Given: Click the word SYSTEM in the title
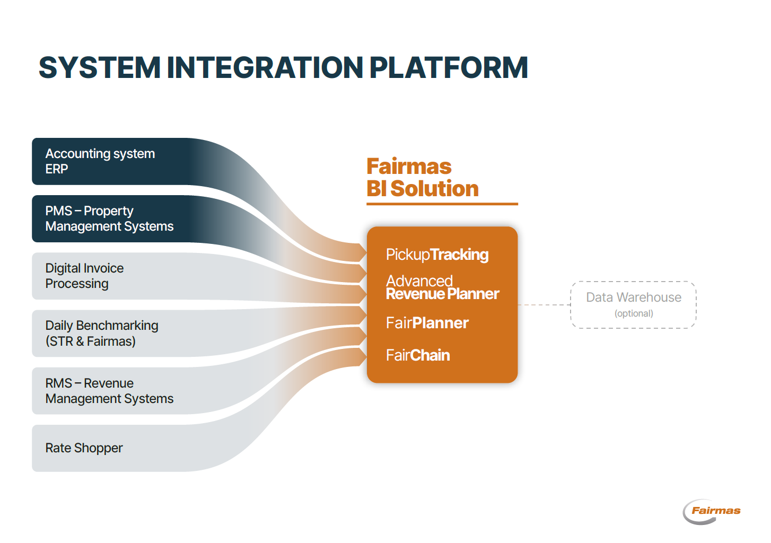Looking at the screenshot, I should [x=99, y=68].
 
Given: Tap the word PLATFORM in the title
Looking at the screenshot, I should [x=448, y=68].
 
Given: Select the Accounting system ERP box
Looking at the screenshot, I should [x=106, y=161].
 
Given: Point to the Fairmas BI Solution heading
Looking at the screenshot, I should [x=422, y=178].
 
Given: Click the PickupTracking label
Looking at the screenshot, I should [x=437, y=255].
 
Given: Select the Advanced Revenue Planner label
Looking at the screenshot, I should [x=442, y=287].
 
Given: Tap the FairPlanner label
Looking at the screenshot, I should [x=427, y=323].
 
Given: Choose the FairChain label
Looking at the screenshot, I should [x=418, y=355].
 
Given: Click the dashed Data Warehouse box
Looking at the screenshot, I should [x=633, y=304].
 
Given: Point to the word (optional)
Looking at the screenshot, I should [x=634, y=313].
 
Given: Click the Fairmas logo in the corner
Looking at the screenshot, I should [x=712, y=511].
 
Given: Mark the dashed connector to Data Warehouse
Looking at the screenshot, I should [x=544, y=305].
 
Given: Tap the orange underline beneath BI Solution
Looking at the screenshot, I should [x=442, y=204].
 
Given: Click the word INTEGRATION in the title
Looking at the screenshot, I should [x=264, y=68].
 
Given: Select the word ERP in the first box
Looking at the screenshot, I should [x=57, y=169].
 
